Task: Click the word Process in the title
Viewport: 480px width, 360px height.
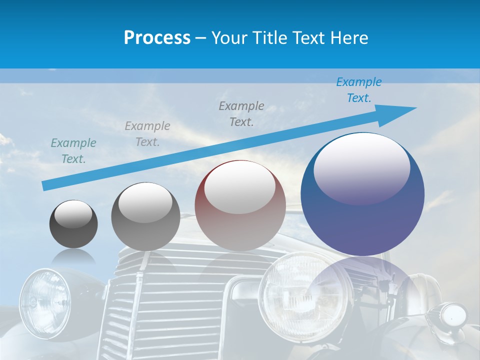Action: point(157,37)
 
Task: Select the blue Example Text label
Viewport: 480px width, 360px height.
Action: point(358,90)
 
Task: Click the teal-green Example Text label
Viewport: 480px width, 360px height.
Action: point(73,150)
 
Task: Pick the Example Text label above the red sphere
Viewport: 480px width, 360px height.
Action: point(241,113)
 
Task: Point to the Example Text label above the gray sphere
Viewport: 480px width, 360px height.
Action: point(147,133)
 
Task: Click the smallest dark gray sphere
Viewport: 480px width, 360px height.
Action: point(73,224)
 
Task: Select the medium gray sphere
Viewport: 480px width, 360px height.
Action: point(145,216)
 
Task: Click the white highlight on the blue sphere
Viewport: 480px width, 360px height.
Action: point(361,167)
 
